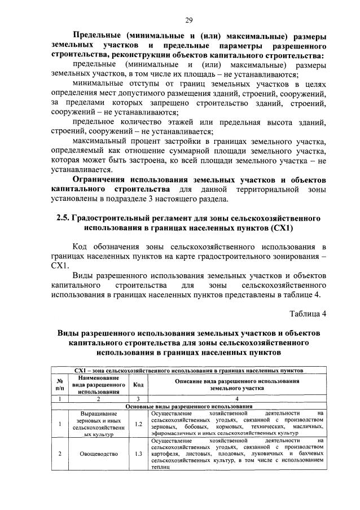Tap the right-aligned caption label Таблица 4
coord(308,314)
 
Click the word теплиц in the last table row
coord(161,468)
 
